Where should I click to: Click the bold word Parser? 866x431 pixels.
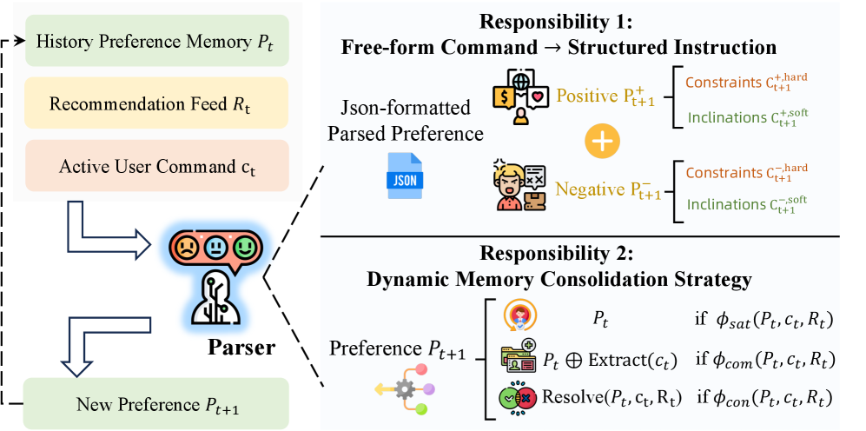point(241,348)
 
